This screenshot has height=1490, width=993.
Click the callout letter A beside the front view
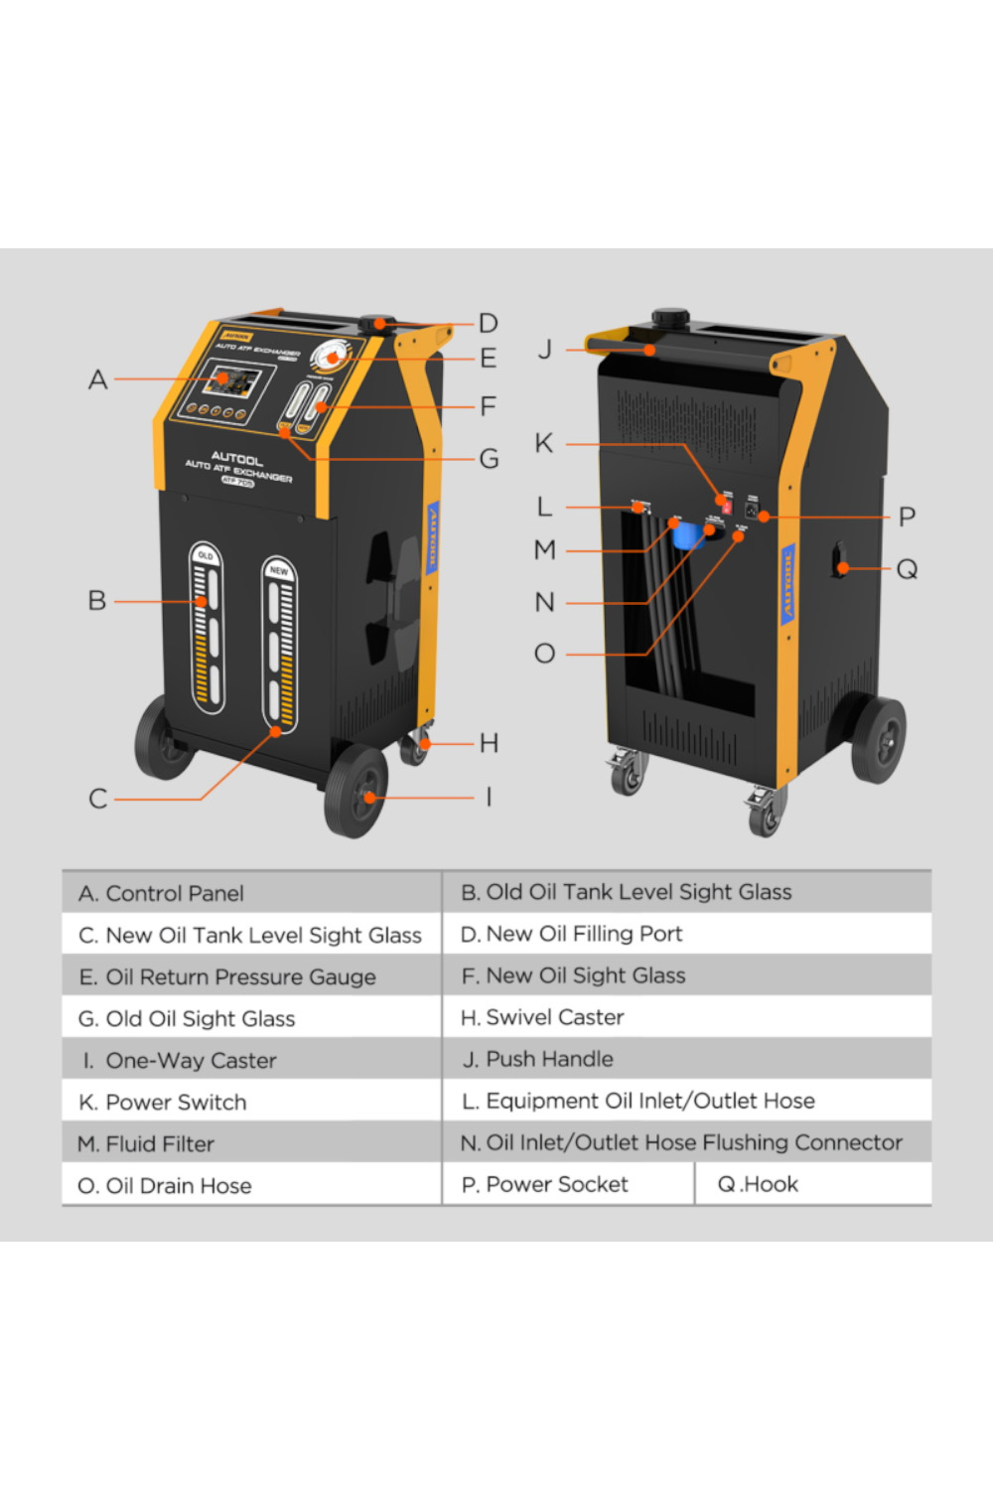tap(97, 379)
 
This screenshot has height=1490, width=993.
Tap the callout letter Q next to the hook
tap(907, 569)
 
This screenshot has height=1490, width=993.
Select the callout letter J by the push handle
tap(544, 350)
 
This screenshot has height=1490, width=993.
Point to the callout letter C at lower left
tap(97, 799)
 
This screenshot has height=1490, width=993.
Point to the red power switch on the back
tap(727, 506)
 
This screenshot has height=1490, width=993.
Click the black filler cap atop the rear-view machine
tap(670, 319)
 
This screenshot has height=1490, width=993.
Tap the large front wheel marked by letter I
tap(355, 792)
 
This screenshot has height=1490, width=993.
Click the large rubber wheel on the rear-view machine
tap(878, 738)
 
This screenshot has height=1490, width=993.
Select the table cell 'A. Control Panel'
tap(251, 893)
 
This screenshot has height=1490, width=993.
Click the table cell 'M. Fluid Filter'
tap(251, 1143)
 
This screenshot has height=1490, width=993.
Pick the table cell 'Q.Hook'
tap(812, 1184)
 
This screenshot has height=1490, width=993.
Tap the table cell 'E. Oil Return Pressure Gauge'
tap(251, 976)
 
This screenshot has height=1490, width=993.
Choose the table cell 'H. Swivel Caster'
tap(685, 1017)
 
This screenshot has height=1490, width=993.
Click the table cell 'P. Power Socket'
tap(567, 1184)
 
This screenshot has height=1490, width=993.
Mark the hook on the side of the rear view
tap(839, 561)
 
